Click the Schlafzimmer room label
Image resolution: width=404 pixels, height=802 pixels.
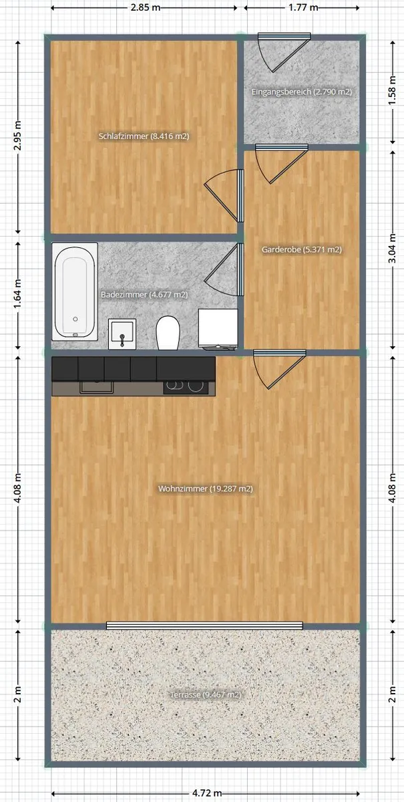click(x=144, y=136)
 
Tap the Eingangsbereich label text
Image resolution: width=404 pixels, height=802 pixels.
click(x=302, y=92)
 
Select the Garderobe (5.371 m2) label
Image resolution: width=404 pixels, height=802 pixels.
click(x=302, y=249)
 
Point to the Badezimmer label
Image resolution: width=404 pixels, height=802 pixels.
click(x=144, y=295)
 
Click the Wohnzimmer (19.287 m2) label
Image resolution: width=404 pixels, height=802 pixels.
click(x=206, y=489)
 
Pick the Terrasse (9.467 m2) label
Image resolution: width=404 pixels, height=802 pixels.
click(x=206, y=695)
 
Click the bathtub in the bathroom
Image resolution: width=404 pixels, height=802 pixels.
click(x=75, y=292)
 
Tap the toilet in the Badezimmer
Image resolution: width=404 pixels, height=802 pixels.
click(x=168, y=333)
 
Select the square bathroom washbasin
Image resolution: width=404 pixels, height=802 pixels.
click(x=122, y=334)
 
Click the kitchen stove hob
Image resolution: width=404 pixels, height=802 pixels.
click(x=186, y=388)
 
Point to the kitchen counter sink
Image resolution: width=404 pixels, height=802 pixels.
click(x=96, y=387)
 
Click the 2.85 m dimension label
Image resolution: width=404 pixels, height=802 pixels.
click(x=146, y=7)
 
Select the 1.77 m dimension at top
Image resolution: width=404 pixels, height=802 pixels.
click(x=303, y=7)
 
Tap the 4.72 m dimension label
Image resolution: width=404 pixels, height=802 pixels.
click(x=207, y=793)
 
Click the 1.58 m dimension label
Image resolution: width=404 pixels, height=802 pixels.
click(x=393, y=91)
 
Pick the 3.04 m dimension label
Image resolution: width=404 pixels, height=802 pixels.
click(x=393, y=249)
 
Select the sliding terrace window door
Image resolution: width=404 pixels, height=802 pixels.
click(x=205, y=626)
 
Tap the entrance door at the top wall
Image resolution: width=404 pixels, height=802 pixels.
click(x=284, y=52)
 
